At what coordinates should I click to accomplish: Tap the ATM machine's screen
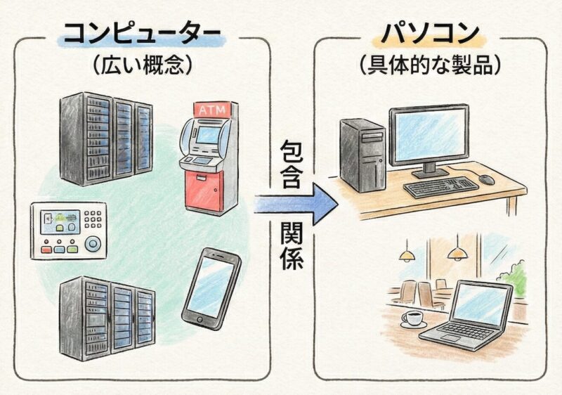coord(207,134)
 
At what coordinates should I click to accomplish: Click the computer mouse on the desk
coord(487,179)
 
